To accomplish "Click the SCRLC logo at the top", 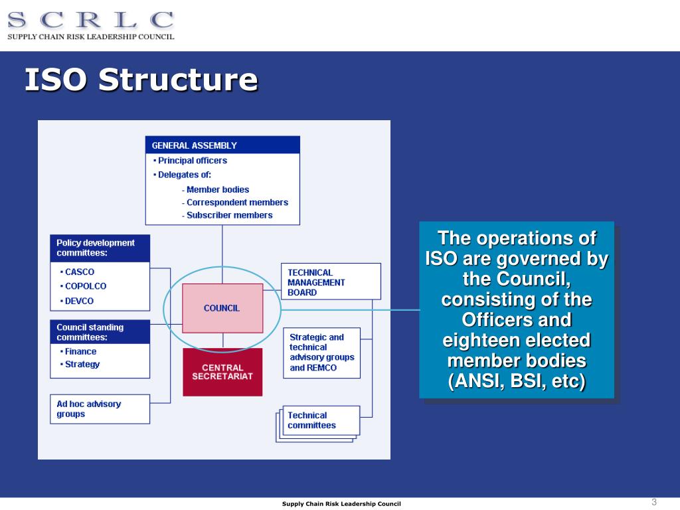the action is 91,25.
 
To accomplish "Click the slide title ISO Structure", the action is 141,80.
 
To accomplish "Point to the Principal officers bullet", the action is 192,161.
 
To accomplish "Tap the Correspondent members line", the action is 237,203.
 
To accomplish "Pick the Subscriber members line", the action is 229,215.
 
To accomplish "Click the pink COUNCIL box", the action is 222,308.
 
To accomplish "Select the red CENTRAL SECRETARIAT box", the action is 222,372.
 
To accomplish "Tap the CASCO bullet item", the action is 79,272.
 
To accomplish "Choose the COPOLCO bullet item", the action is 85,286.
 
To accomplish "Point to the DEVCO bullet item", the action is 79,301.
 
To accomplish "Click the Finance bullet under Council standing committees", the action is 80,352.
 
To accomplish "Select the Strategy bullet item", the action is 82,365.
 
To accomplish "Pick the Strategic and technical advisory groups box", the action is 322,353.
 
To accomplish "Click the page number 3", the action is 653,501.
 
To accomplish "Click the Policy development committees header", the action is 100,248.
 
